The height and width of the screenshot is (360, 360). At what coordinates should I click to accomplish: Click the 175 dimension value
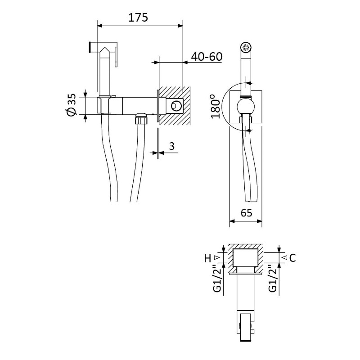138,18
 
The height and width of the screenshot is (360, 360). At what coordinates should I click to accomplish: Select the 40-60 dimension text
207,57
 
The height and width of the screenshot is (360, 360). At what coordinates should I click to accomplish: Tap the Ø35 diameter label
72,105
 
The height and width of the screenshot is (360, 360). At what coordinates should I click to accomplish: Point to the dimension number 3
172,146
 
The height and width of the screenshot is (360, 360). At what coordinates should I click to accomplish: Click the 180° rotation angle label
216,106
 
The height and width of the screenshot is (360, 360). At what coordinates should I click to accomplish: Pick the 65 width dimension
246,213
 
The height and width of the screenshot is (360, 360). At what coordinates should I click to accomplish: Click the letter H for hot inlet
207,258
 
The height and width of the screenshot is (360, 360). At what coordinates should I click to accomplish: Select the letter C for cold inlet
292,258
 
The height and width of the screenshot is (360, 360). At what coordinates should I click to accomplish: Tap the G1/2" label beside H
217,278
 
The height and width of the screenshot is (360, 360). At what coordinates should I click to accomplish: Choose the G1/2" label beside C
273,278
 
